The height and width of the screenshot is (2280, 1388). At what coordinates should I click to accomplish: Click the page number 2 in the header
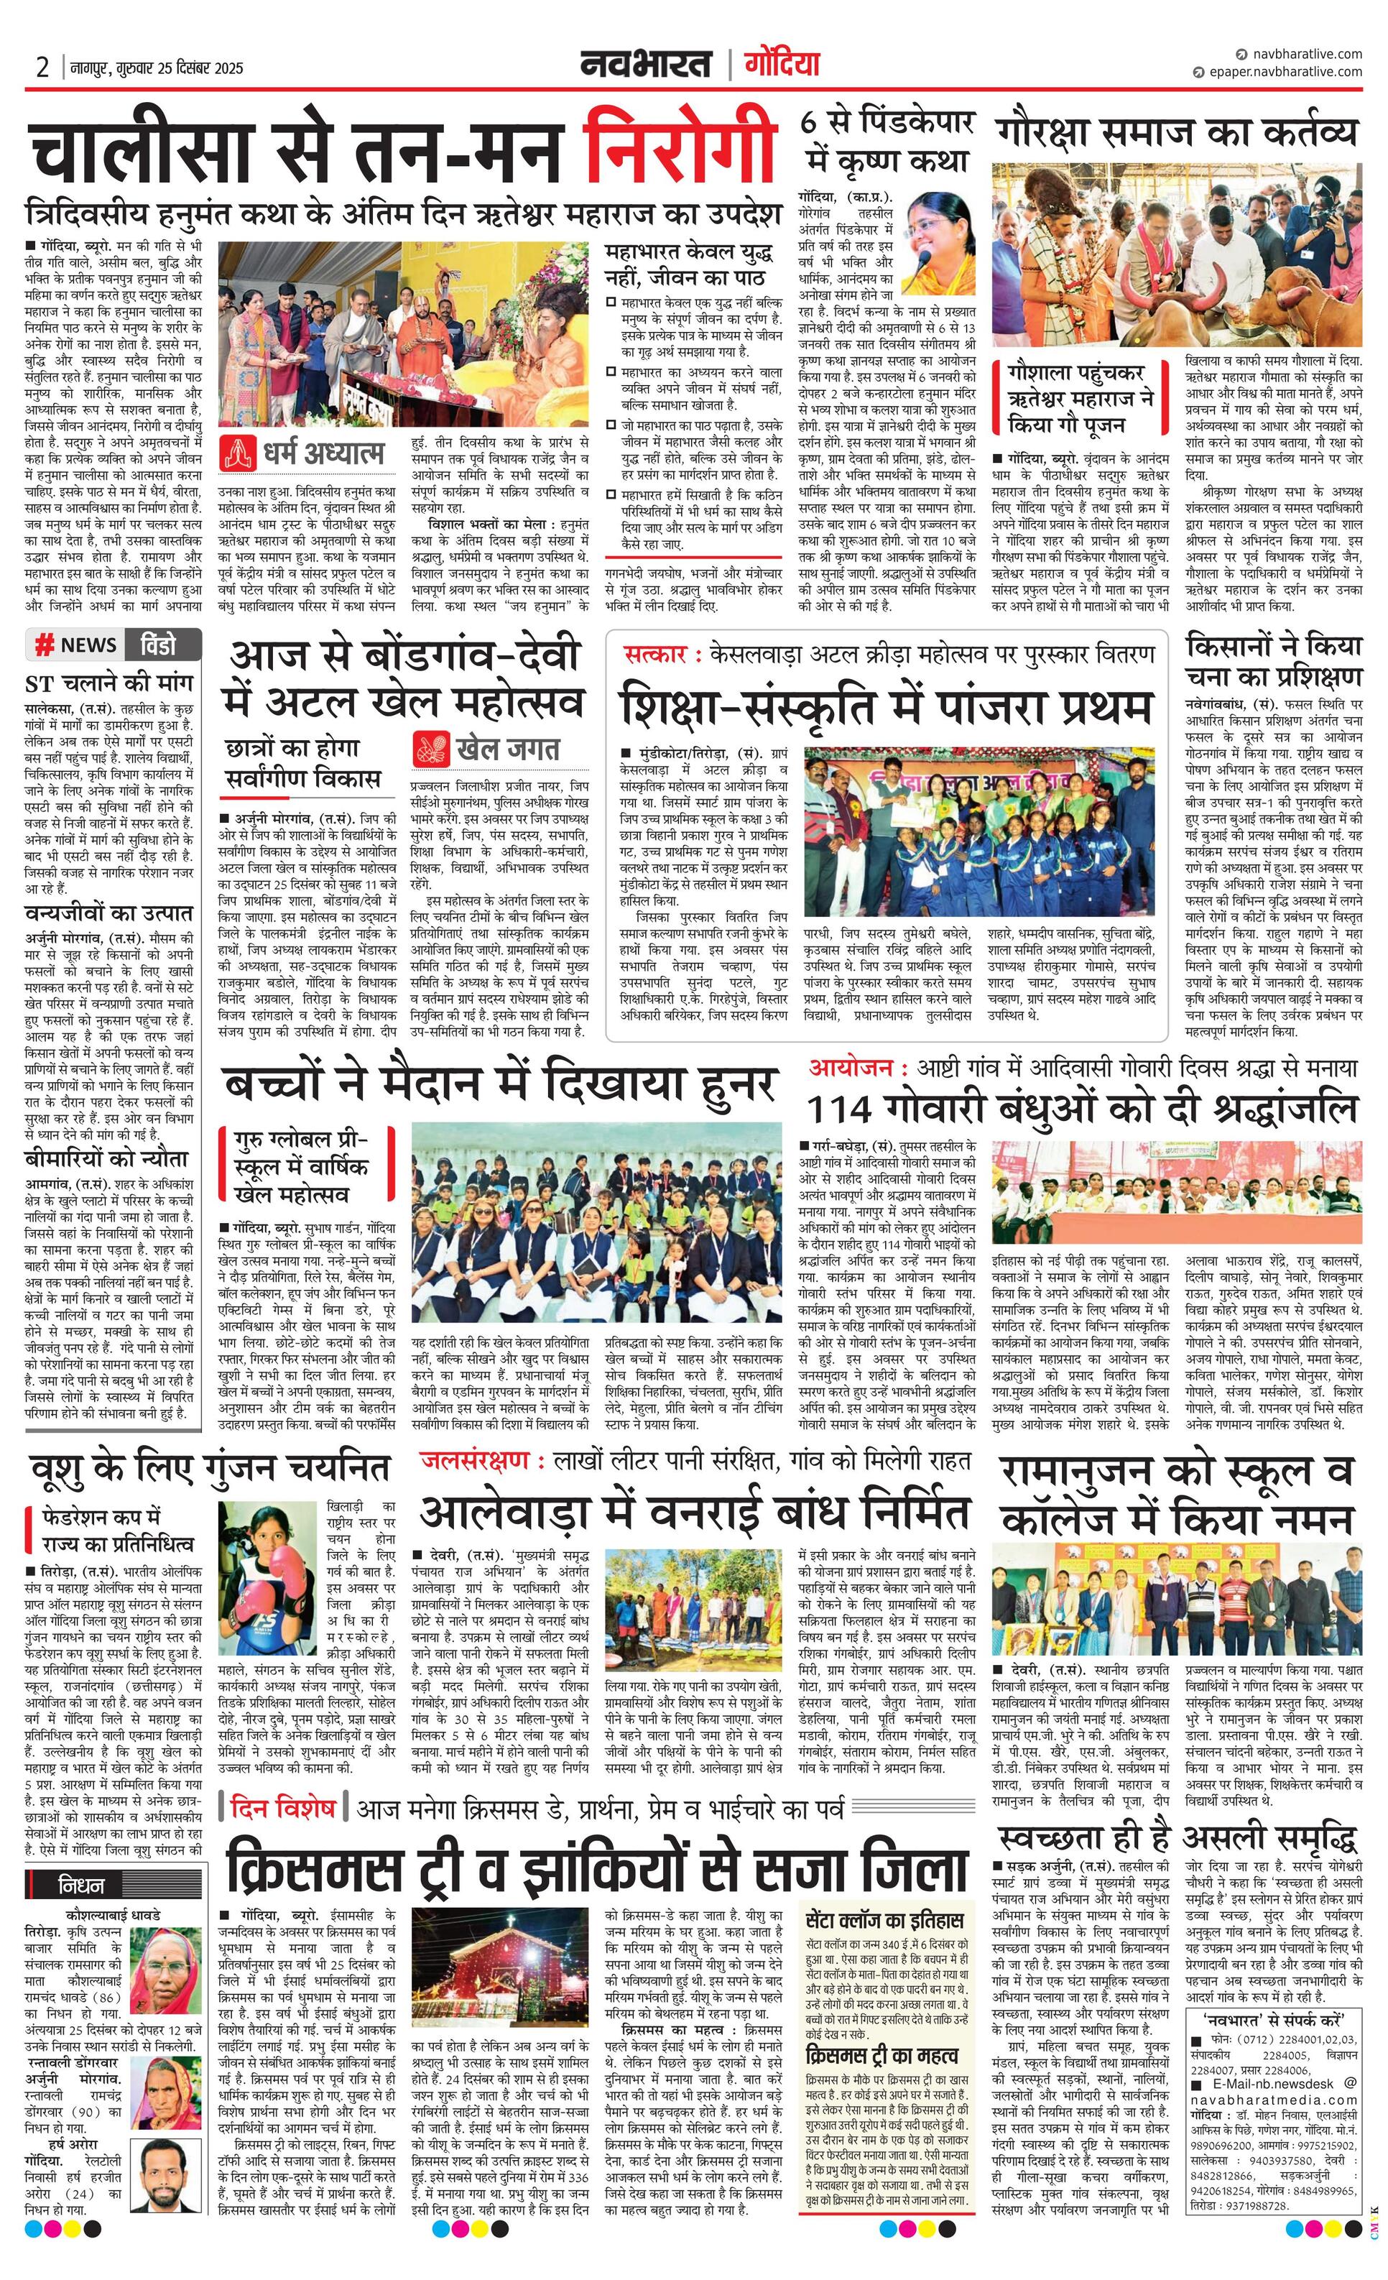click(42, 67)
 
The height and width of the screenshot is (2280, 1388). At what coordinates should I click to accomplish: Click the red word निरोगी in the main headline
click(680, 145)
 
